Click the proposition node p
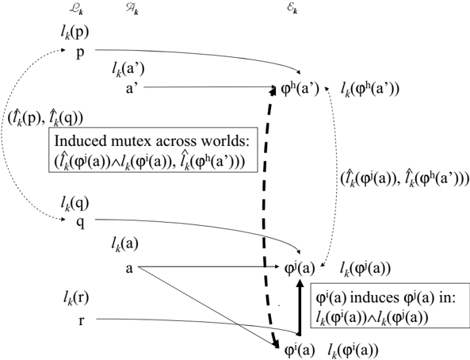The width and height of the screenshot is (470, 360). tap(80, 53)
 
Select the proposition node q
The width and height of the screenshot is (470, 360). tap(80, 223)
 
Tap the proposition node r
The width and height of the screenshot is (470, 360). tap(81, 320)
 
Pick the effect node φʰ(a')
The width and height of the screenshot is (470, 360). tap(300, 89)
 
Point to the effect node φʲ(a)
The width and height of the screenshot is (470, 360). tap(299, 268)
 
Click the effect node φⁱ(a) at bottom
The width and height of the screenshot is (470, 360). tap(299, 350)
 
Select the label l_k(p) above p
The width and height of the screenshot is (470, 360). tap(75, 33)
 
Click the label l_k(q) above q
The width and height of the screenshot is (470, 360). tap(75, 204)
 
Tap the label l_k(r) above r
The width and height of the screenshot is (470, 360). tap(75, 298)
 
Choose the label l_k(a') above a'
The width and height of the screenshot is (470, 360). tap(128, 70)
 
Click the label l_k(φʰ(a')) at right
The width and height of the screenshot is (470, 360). tap(370, 89)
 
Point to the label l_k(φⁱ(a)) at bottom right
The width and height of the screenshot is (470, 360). tap(353, 350)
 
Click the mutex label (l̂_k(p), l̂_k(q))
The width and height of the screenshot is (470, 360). tap(45, 118)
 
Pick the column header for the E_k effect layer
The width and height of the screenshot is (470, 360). tap(292, 10)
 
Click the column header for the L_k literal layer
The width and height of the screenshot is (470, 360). tap(76, 10)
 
